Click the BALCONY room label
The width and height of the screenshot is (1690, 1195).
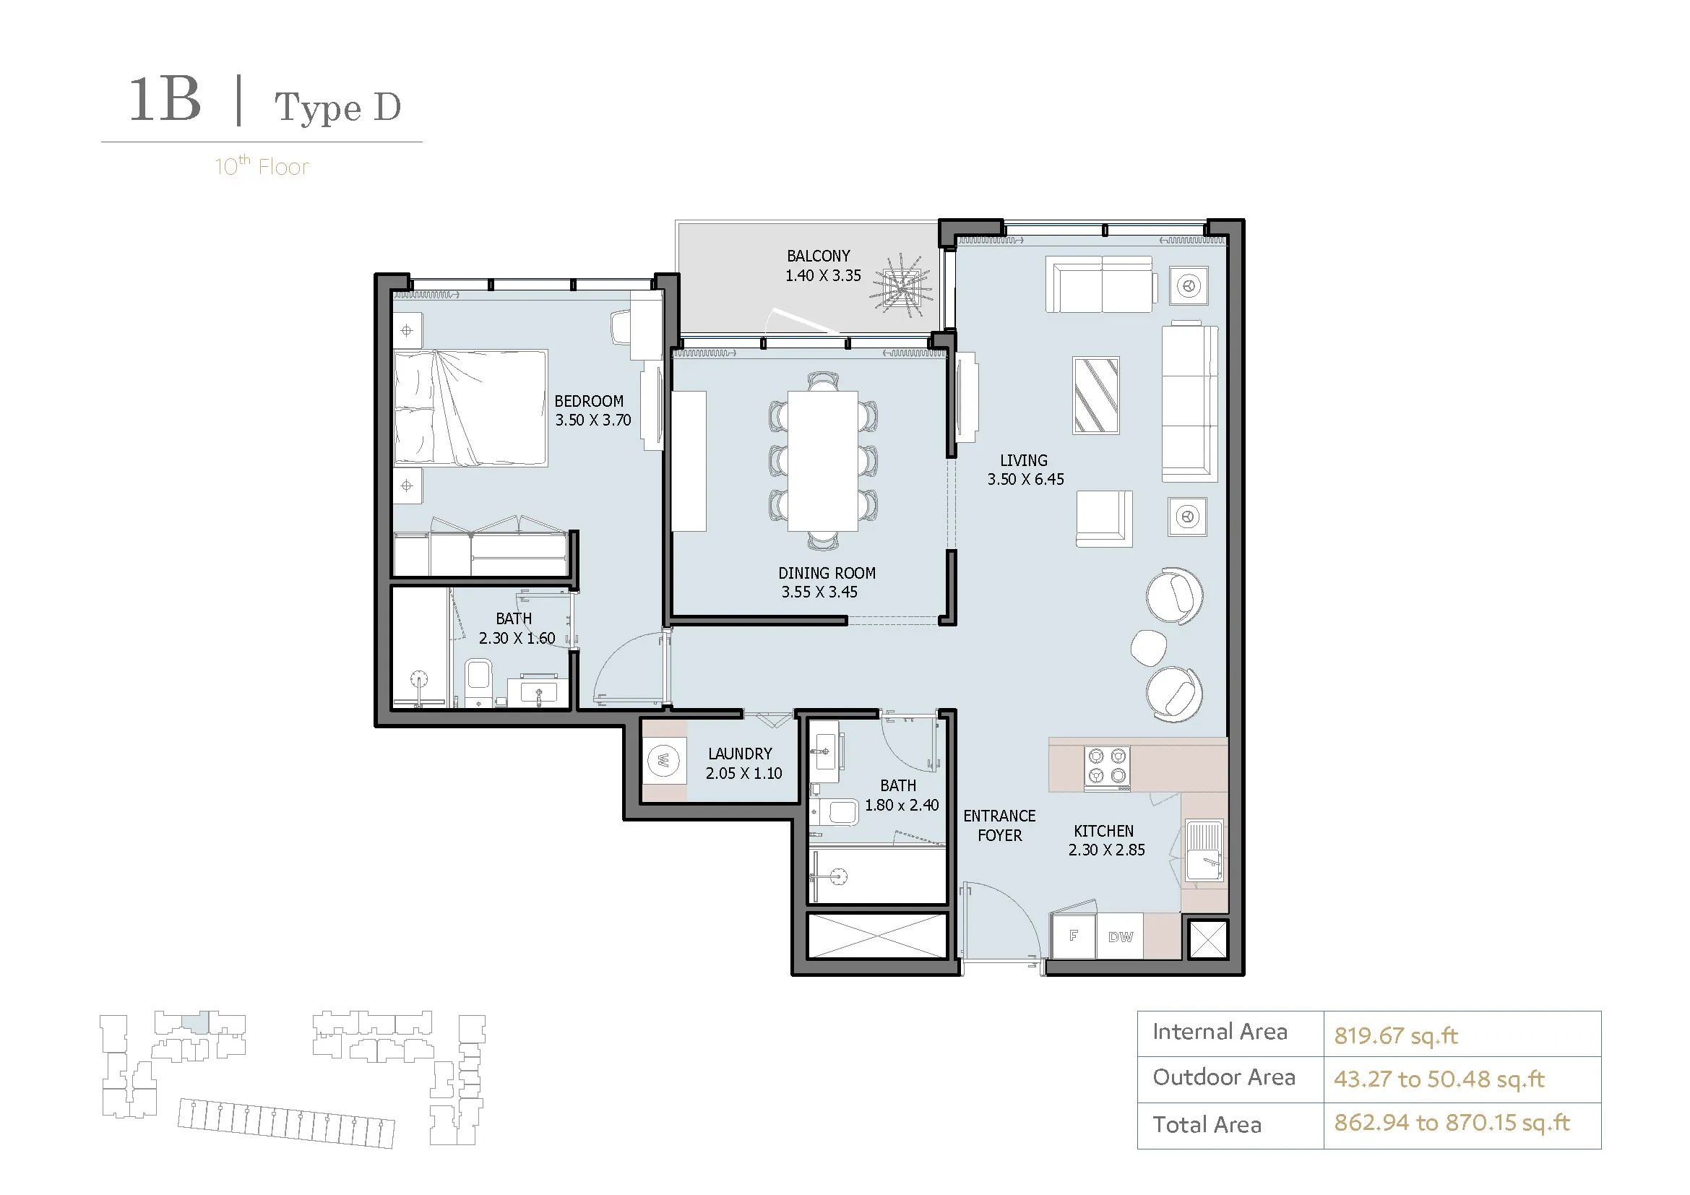(x=818, y=256)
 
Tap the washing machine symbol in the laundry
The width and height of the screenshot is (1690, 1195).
(x=663, y=760)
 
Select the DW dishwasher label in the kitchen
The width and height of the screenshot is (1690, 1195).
(x=1121, y=937)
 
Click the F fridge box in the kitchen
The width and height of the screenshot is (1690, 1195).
(x=1074, y=936)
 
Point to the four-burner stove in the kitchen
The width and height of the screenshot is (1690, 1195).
(x=1107, y=767)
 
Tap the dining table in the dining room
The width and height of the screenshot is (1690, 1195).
(x=822, y=462)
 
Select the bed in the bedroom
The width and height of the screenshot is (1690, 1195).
(x=470, y=408)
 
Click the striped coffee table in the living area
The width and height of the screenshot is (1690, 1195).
(x=1096, y=395)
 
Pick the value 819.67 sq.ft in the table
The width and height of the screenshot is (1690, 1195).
(x=1396, y=1036)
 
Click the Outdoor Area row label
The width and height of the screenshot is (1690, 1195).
(x=1223, y=1077)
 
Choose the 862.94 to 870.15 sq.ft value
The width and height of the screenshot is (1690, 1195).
(x=1452, y=1123)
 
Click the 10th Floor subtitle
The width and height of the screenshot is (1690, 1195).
(x=262, y=166)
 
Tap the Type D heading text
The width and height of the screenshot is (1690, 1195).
(x=338, y=108)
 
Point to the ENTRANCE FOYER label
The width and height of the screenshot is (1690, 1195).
(x=999, y=826)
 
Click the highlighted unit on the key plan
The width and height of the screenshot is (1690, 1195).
(x=195, y=1022)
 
